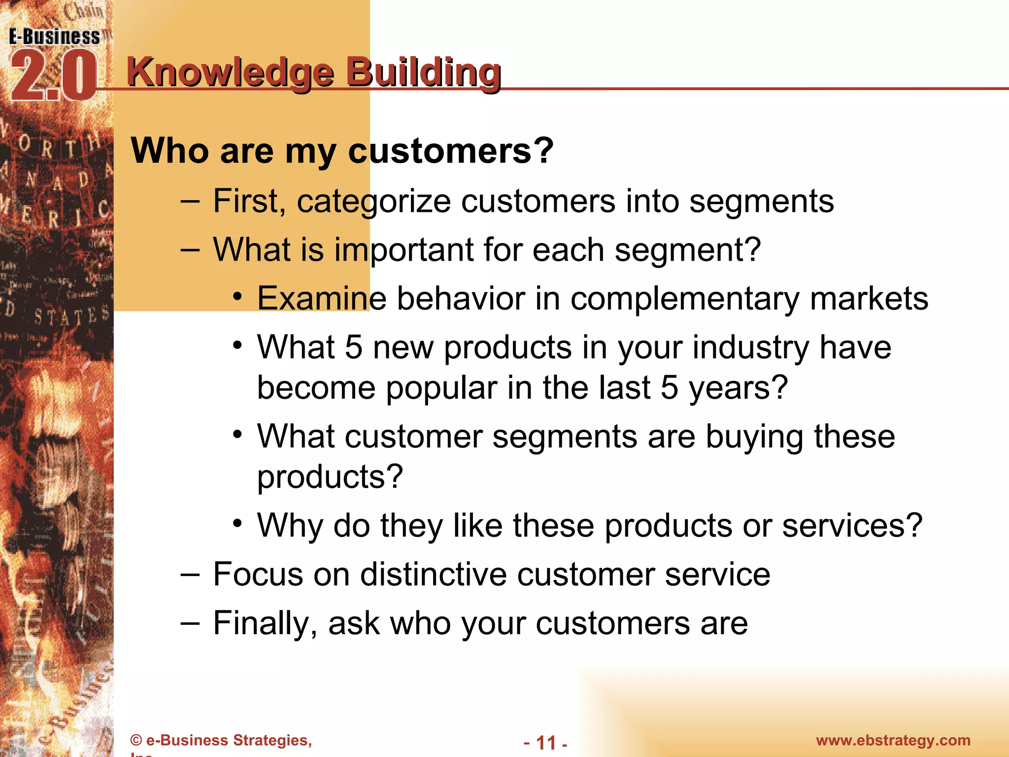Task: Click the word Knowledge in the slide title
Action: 231,72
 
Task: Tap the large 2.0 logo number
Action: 53,77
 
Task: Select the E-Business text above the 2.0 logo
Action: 54,37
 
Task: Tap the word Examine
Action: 321,298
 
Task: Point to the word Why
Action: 290,526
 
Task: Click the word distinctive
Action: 433,574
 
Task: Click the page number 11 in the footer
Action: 545,743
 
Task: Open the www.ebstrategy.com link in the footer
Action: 893,740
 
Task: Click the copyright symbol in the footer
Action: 136,740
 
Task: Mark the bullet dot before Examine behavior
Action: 238,296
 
